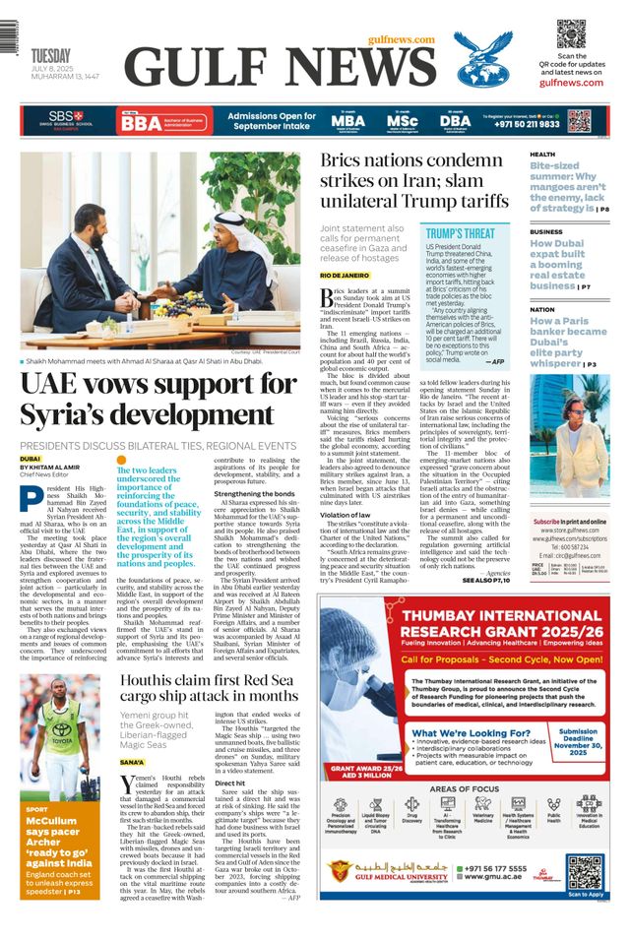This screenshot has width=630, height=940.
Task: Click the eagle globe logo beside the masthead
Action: click(x=483, y=59)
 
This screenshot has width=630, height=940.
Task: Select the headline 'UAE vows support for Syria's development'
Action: click(x=157, y=398)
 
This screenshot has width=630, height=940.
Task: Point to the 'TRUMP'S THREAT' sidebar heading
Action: click(x=460, y=233)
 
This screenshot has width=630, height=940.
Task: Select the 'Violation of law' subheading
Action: click(x=345, y=515)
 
